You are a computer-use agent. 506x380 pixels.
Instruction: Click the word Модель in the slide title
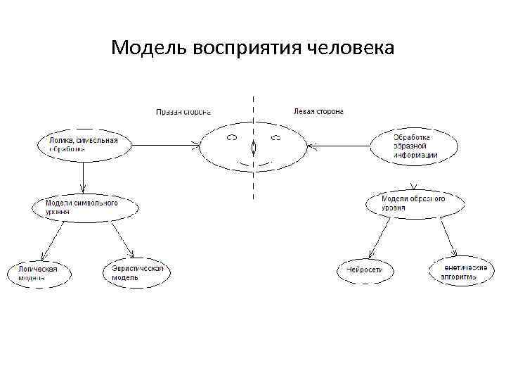(x=146, y=48)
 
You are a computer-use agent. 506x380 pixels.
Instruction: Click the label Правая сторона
(x=183, y=111)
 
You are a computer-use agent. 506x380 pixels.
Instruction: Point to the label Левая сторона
(x=318, y=111)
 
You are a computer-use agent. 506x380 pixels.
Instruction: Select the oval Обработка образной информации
(x=415, y=145)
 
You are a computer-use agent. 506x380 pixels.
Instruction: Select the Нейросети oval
(x=365, y=270)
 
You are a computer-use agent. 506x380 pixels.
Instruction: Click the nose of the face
(x=253, y=149)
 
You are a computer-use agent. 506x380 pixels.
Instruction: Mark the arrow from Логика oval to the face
(x=165, y=146)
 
